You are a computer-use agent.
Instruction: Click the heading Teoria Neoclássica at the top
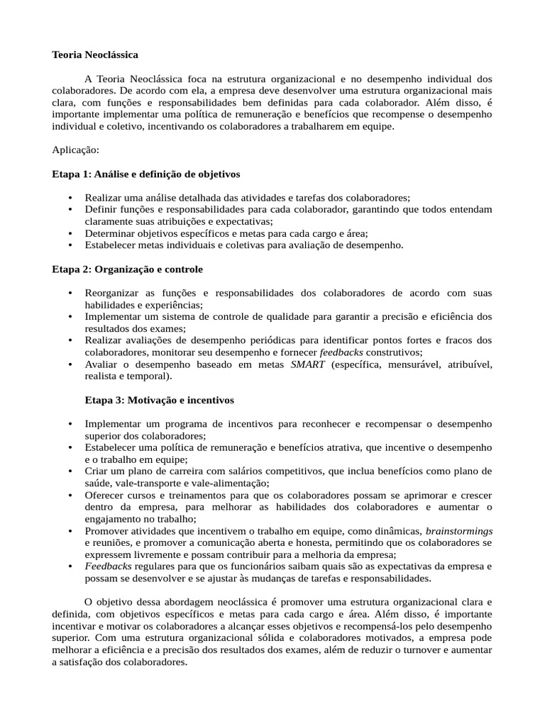(95, 55)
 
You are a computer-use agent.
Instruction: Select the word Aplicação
(76, 150)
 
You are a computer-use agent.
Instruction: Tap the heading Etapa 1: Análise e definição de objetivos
(146, 174)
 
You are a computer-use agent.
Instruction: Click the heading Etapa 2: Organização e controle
(127, 269)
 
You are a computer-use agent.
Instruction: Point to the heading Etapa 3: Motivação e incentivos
(159, 400)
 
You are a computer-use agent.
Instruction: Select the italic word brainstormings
(458, 530)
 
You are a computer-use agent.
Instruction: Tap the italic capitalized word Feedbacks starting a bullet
(109, 566)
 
